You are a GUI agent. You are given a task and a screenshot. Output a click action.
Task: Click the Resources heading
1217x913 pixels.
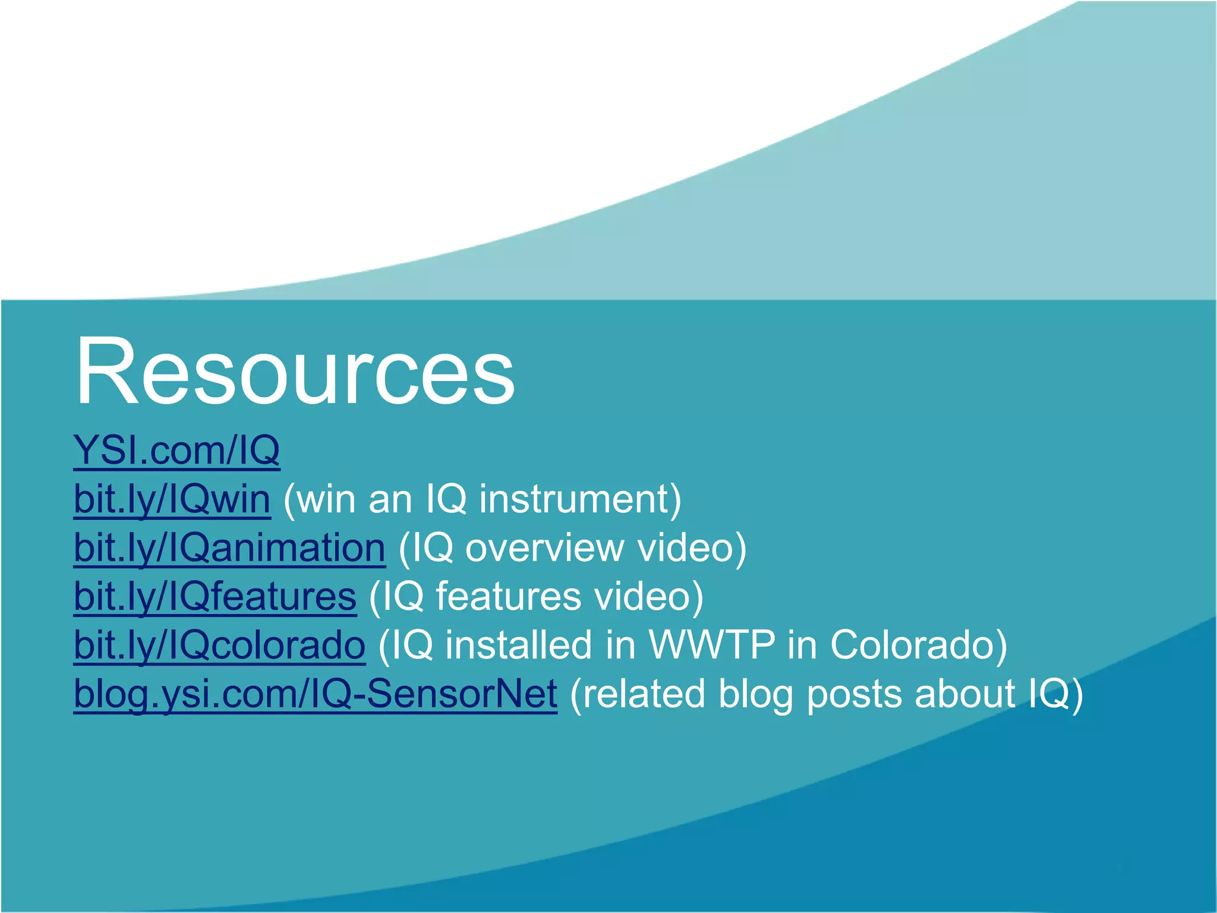pos(295,372)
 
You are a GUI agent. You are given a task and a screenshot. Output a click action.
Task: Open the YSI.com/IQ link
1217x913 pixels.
pos(176,450)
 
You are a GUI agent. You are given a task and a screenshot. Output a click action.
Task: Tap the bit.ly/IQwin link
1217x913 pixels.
pos(172,499)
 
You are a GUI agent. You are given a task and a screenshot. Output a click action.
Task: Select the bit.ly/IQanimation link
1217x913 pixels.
pos(229,547)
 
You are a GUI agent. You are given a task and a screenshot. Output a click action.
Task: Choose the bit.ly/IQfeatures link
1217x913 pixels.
pos(215,596)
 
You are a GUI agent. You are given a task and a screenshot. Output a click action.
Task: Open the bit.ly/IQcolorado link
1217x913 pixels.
pos(219,645)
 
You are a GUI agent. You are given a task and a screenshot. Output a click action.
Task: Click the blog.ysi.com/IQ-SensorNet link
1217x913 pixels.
pos(316,694)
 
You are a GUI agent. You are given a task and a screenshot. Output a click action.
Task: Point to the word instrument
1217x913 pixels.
pos(580,499)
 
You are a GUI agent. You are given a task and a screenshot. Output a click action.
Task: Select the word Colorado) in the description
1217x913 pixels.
pos(919,645)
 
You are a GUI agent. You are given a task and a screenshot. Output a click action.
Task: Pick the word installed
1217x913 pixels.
pos(518,645)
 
